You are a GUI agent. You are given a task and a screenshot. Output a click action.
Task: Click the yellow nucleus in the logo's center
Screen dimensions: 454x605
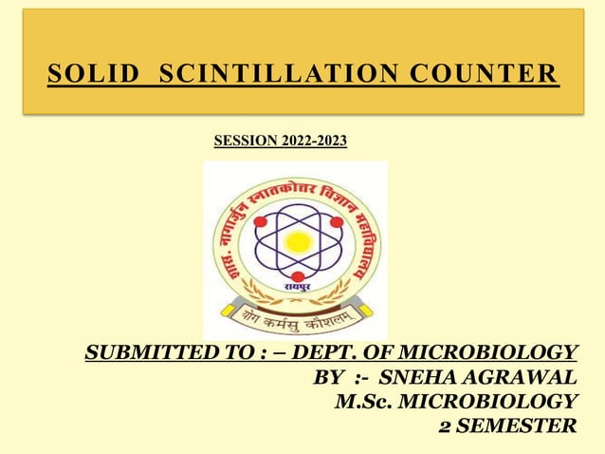click(x=298, y=240)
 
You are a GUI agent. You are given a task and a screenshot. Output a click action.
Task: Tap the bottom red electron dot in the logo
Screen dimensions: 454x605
click(x=298, y=276)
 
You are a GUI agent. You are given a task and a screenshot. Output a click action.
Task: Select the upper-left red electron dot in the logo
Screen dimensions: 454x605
click(x=260, y=221)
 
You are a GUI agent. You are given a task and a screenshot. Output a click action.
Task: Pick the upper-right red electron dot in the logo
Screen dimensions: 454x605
click(x=336, y=221)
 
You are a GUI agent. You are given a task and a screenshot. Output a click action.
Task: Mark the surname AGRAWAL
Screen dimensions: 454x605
click(x=520, y=377)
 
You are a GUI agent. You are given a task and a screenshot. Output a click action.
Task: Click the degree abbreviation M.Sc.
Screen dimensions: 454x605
click(x=364, y=401)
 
